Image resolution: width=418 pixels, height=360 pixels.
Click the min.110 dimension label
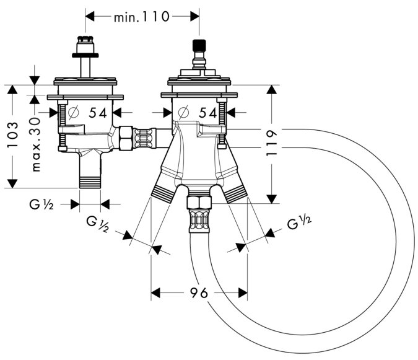point(141,17)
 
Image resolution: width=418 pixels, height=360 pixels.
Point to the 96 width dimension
point(199,292)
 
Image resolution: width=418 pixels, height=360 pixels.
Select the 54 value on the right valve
point(209,113)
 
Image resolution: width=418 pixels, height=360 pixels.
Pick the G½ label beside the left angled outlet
point(97,224)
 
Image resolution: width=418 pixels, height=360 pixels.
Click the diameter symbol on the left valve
point(72,113)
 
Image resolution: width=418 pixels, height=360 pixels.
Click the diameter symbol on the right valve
point(182,113)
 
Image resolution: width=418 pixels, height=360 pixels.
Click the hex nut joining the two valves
point(125,138)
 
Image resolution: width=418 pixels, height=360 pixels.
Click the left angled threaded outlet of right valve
point(163,191)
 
